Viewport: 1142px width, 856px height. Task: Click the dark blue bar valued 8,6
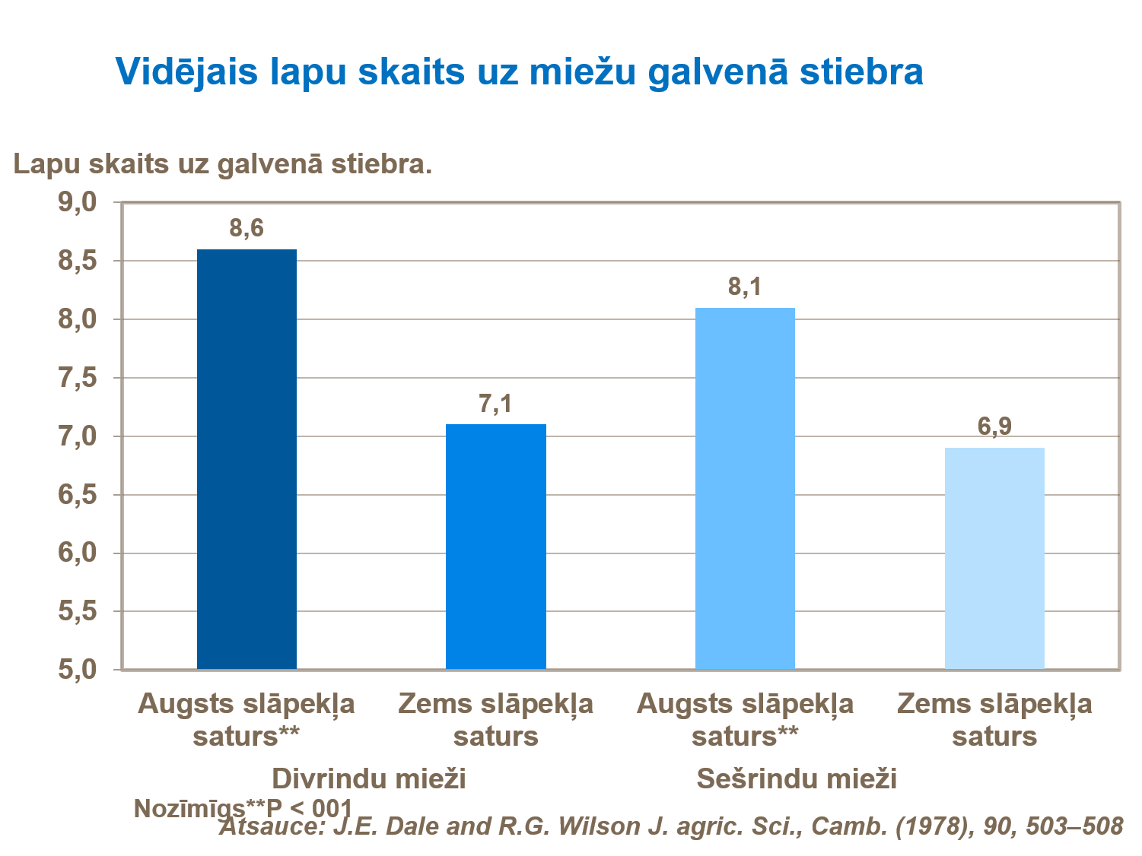(x=247, y=459)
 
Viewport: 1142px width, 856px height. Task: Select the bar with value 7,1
(x=495, y=547)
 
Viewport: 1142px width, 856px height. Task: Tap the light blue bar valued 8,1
(x=745, y=488)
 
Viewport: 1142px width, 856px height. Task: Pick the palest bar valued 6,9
(x=994, y=558)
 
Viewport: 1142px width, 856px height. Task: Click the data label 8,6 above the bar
(x=247, y=228)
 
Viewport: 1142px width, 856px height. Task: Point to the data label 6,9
(x=994, y=427)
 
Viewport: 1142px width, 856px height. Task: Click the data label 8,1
(x=745, y=287)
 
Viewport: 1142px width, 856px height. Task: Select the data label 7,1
(x=495, y=404)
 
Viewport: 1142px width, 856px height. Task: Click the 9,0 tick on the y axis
(x=78, y=202)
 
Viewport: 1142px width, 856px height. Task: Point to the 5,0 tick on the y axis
(x=78, y=670)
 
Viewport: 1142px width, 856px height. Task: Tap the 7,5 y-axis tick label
(x=78, y=378)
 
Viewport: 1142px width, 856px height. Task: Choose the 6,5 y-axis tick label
(x=78, y=495)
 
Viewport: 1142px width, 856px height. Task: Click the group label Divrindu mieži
(x=369, y=779)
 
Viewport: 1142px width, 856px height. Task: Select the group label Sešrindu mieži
(x=797, y=779)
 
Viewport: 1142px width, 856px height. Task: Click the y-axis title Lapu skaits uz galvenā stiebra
(x=223, y=164)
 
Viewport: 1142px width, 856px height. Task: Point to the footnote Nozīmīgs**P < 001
(x=243, y=808)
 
